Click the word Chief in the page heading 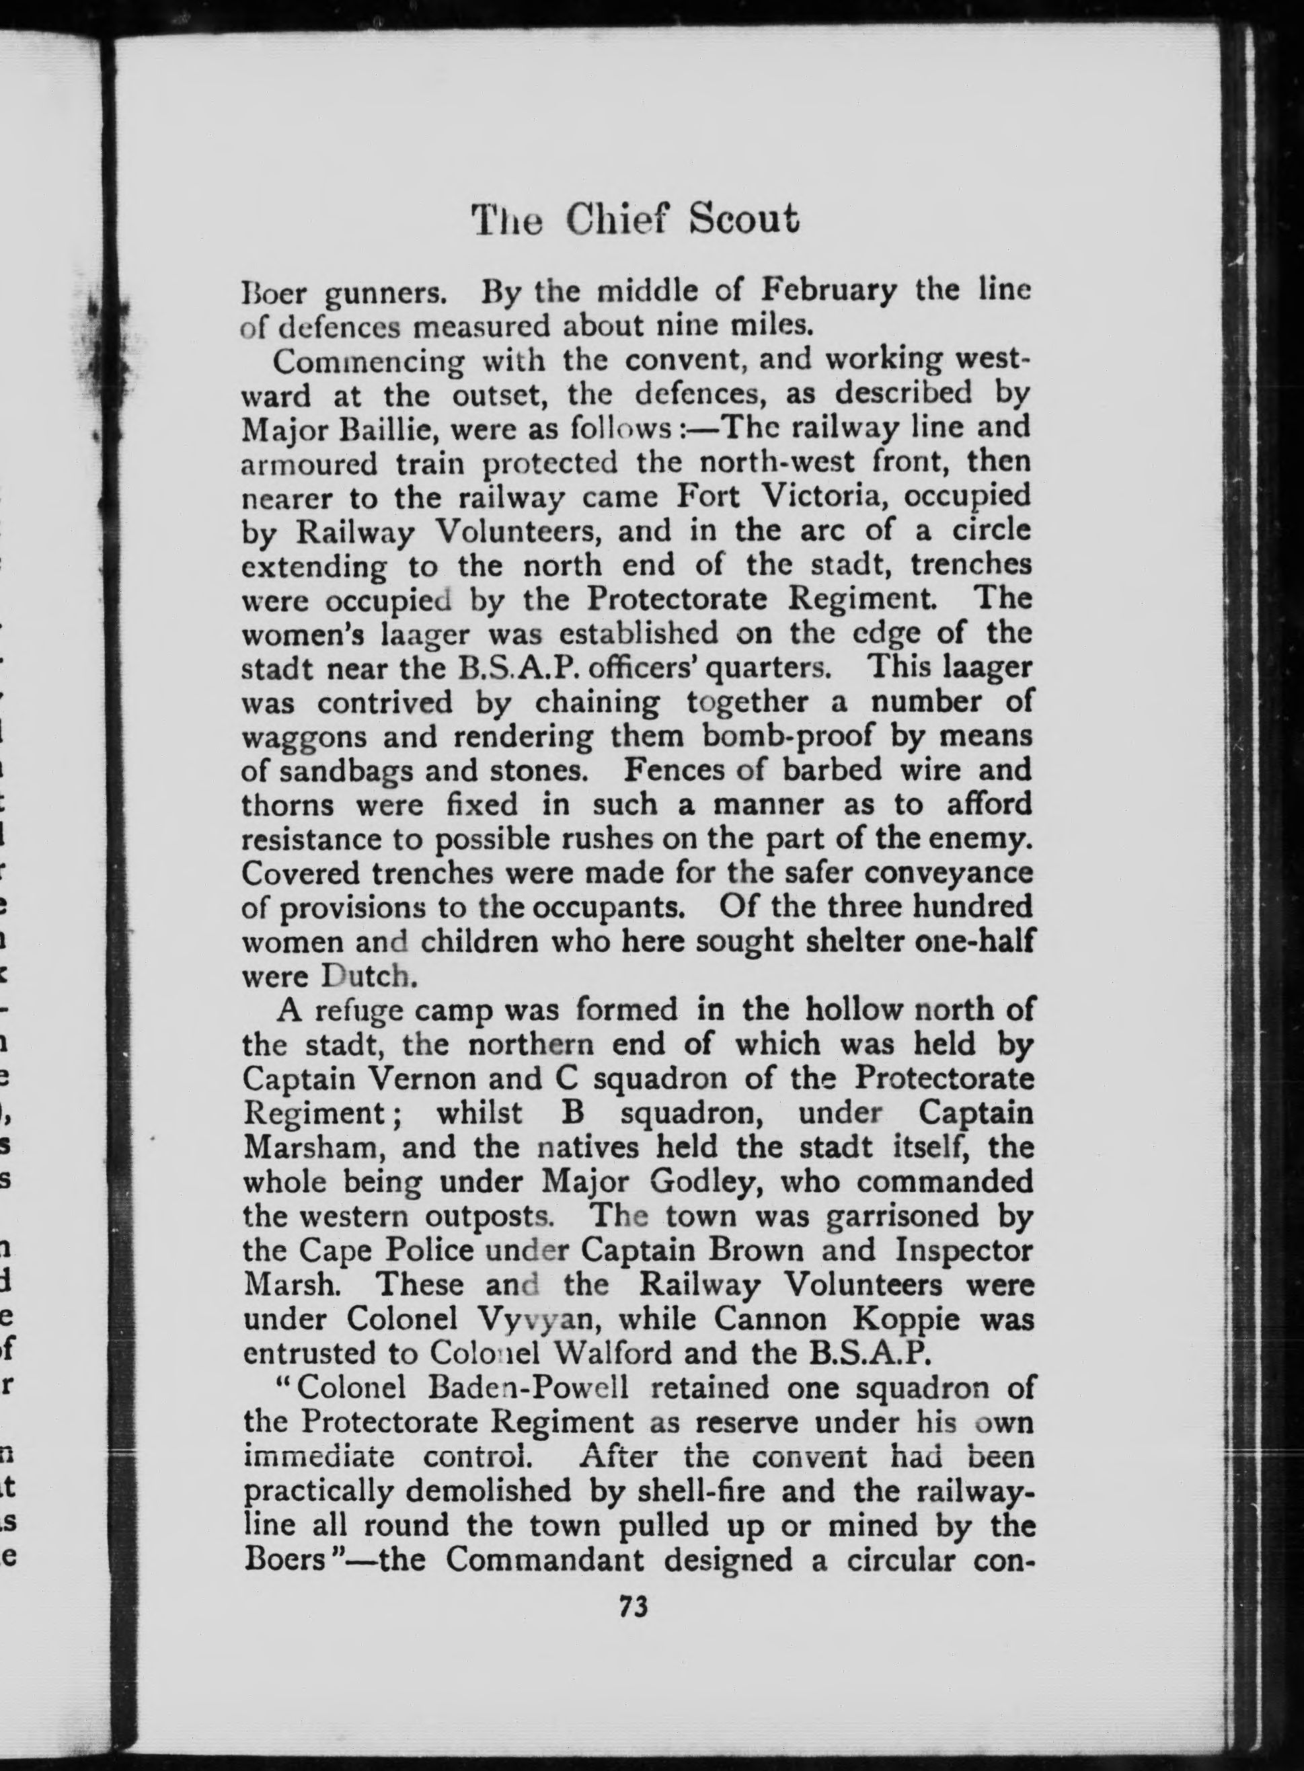(x=621, y=220)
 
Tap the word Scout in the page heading (x=744, y=220)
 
